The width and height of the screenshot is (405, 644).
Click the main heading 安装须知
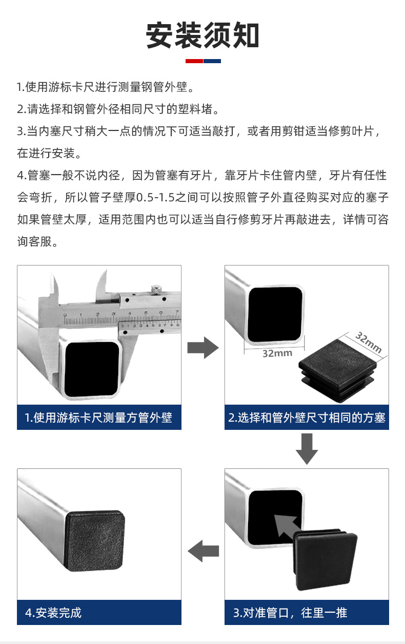[202, 35]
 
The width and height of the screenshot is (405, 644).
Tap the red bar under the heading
[194, 61]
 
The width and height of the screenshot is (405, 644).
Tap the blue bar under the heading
[212, 61]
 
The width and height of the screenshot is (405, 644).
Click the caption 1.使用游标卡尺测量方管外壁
[99, 418]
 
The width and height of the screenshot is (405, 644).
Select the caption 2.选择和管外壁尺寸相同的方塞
[307, 418]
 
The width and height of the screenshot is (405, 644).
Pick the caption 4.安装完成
[53, 613]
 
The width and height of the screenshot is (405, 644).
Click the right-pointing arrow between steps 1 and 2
[203, 349]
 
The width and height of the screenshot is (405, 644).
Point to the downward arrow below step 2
[307, 448]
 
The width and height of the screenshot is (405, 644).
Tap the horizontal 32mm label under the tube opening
[277, 353]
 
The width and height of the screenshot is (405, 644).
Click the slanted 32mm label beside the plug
[369, 343]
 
